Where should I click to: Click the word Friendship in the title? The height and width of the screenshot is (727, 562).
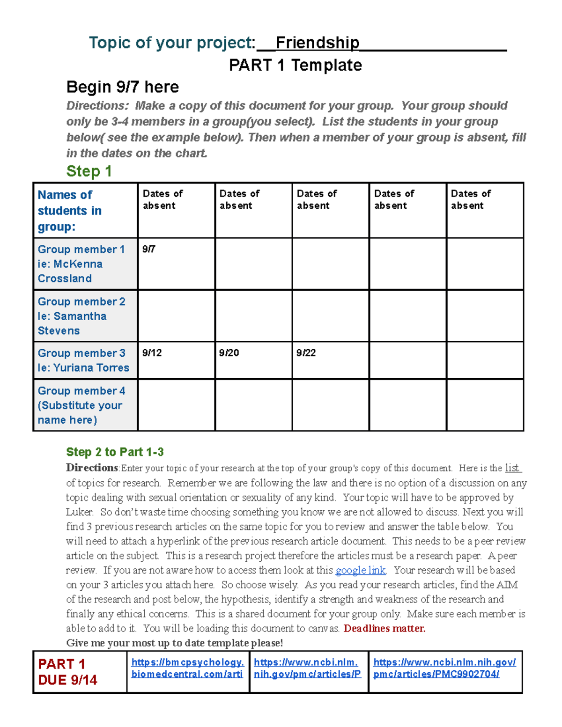tap(318, 43)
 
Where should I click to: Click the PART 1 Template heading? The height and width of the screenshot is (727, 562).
tap(295, 65)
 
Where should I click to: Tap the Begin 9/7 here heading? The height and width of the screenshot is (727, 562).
tap(122, 87)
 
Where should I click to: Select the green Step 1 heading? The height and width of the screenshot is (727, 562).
tap(89, 171)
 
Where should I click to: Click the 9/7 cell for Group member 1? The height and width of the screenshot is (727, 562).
tap(149, 249)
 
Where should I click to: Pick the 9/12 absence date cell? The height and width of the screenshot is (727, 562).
tap(152, 353)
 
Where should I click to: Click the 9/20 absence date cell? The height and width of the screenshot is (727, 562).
tap(229, 353)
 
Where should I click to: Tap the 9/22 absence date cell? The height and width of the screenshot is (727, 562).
tap(306, 353)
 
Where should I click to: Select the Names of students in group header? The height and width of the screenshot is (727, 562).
tap(69, 210)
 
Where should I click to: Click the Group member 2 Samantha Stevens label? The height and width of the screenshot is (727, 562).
tap(81, 316)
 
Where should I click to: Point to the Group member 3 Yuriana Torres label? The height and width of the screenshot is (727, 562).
tap(83, 360)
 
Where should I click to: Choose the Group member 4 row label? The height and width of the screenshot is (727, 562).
tap(81, 405)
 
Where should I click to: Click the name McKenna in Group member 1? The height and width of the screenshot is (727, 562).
tap(78, 264)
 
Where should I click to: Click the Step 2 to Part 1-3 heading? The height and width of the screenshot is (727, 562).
tap(115, 452)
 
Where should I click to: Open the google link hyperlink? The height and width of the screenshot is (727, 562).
tap(360, 570)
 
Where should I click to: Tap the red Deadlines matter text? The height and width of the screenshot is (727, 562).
tap(384, 628)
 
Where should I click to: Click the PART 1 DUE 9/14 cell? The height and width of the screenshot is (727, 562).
tap(68, 672)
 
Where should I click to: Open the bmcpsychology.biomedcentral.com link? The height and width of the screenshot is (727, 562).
tap(187, 668)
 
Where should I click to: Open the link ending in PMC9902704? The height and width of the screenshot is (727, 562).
tap(444, 668)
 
